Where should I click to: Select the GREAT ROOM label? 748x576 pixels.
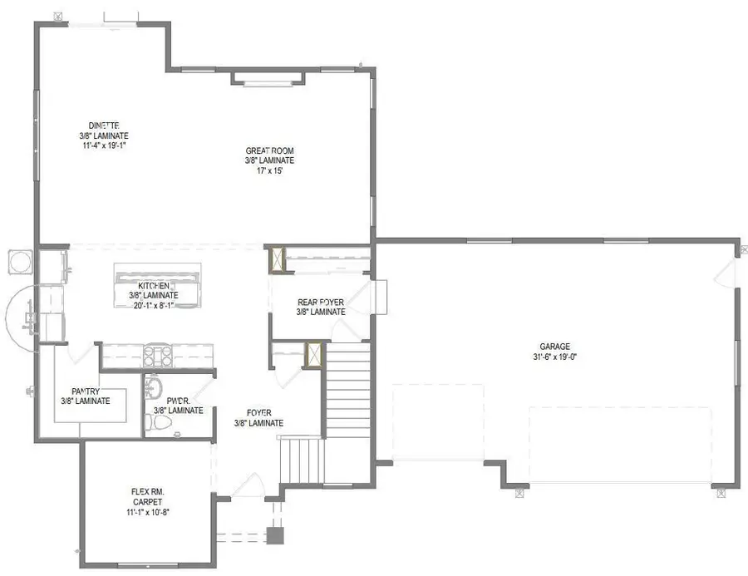click(269, 150)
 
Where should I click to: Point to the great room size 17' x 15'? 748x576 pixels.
click(269, 170)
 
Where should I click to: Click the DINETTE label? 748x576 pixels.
click(104, 125)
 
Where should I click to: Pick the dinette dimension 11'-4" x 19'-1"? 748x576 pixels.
click(104, 145)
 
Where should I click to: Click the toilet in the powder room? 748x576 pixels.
click(160, 423)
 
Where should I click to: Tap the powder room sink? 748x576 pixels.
click(152, 387)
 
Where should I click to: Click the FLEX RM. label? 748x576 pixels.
click(147, 492)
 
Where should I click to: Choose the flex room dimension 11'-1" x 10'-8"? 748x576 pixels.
click(147, 512)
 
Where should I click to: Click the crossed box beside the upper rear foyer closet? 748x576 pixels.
click(277, 259)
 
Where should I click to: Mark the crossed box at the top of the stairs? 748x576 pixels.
click(314, 355)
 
